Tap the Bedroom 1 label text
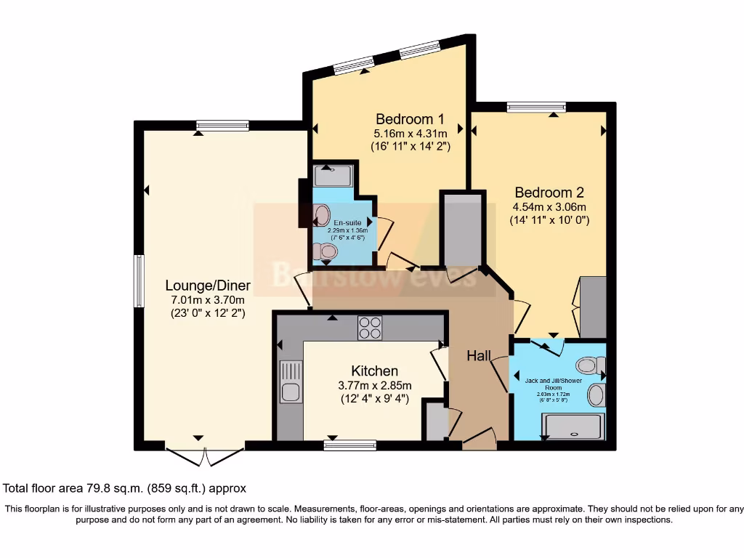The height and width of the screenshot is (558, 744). pos(409,118)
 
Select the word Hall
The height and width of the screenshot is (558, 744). pos(479,355)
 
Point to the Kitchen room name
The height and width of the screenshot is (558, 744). pos(375,371)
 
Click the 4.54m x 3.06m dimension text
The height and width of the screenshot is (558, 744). pos(549,206)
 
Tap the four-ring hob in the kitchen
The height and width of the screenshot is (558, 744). pos(369,328)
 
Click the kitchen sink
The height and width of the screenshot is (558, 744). pos(289,382)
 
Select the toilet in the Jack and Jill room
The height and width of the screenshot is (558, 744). pos(590,365)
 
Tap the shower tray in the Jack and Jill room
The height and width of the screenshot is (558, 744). pos(573,426)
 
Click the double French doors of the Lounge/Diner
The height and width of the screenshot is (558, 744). pos(205,456)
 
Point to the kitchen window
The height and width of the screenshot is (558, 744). pos(349,445)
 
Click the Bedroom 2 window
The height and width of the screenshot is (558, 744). pos(535,108)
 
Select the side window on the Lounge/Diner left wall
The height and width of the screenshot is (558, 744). pos(138,280)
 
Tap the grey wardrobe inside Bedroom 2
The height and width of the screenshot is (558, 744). pos(593,306)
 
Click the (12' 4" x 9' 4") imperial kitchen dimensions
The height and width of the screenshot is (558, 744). pos(375,399)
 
